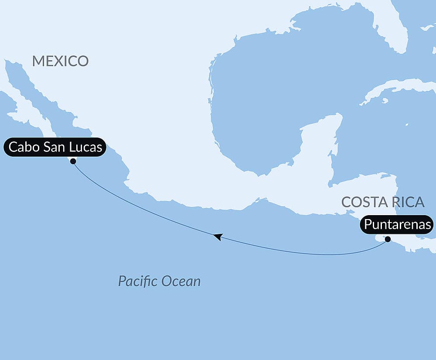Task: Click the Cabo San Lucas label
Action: coord(55,147)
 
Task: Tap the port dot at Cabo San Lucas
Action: coord(73,161)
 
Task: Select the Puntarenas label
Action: coord(397,225)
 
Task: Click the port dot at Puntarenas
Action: coord(388,239)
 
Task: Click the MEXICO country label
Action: coord(60,61)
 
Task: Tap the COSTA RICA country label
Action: coord(383,202)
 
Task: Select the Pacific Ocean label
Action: coord(159,281)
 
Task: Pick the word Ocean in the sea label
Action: coord(181,281)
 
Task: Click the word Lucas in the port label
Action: coord(87,147)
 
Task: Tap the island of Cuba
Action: coord(401,87)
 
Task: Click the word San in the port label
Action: coord(55,147)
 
